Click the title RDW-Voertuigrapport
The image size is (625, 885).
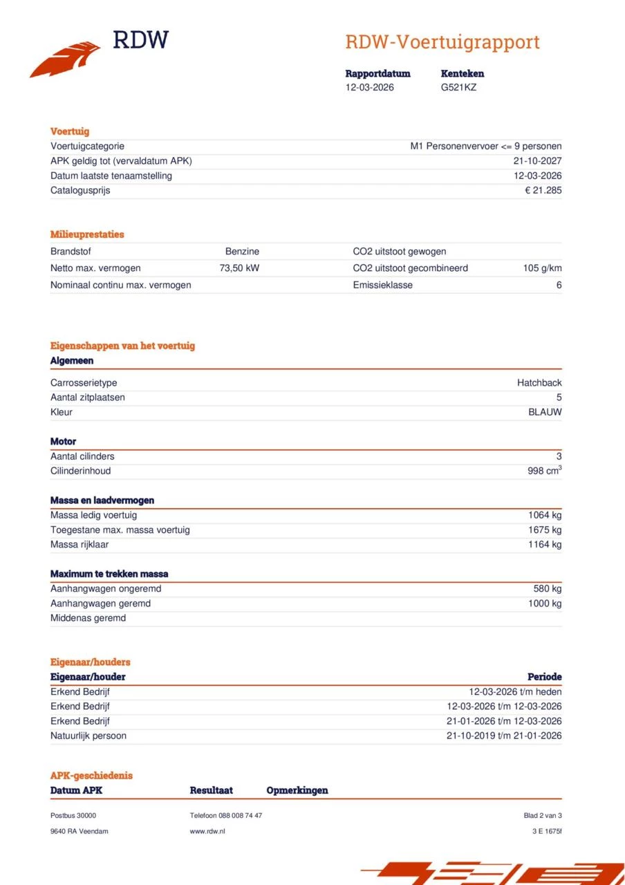tap(442, 42)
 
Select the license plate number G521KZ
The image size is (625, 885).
tap(458, 88)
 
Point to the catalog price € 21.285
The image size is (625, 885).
tap(543, 190)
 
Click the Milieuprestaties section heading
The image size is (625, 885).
tap(87, 234)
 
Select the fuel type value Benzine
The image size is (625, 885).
tap(242, 252)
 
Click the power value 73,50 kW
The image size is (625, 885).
tap(239, 268)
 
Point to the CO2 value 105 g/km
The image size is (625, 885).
tap(542, 268)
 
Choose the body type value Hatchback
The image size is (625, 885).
tap(539, 383)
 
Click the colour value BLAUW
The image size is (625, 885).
tap(545, 412)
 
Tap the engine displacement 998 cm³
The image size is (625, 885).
tap(544, 471)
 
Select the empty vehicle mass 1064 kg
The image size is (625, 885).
tap(545, 515)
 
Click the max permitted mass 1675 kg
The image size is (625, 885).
tap(545, 530)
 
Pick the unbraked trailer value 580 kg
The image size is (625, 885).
tap(547, 589)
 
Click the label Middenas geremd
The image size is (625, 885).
tap(88, 618)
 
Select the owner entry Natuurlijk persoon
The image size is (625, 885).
tap(88, 736)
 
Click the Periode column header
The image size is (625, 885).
tap(544, 677)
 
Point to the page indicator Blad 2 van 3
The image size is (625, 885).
tap(543, 816)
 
